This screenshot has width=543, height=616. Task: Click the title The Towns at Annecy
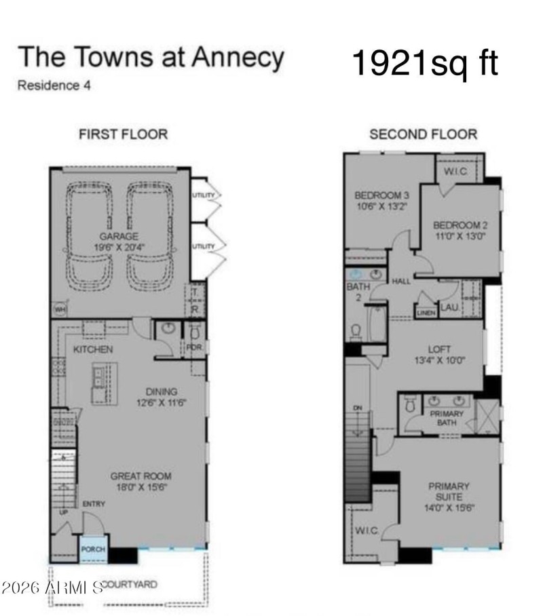click(150, 58)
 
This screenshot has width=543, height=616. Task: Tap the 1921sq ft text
click(425, 63)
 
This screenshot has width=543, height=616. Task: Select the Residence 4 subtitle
click(54, 86)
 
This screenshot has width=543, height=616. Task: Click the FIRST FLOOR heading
click(123, 134)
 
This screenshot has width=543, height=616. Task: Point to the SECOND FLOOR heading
click(423, 134)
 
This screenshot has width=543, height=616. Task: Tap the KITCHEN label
click(93, 349)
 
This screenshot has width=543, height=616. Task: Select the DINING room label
click(162, 391)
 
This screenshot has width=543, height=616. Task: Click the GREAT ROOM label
click(141, 476)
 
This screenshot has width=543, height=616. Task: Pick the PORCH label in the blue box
click(93, 549)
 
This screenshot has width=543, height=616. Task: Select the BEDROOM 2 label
click(460, 225)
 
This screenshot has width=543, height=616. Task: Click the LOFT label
click(440, 349)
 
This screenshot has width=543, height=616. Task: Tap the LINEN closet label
click(426, 313)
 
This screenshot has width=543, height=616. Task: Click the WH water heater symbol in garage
click(60, 309)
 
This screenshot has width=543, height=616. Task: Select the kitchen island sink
click(101, 376)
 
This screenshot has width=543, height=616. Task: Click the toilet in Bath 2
click(355, 331)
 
